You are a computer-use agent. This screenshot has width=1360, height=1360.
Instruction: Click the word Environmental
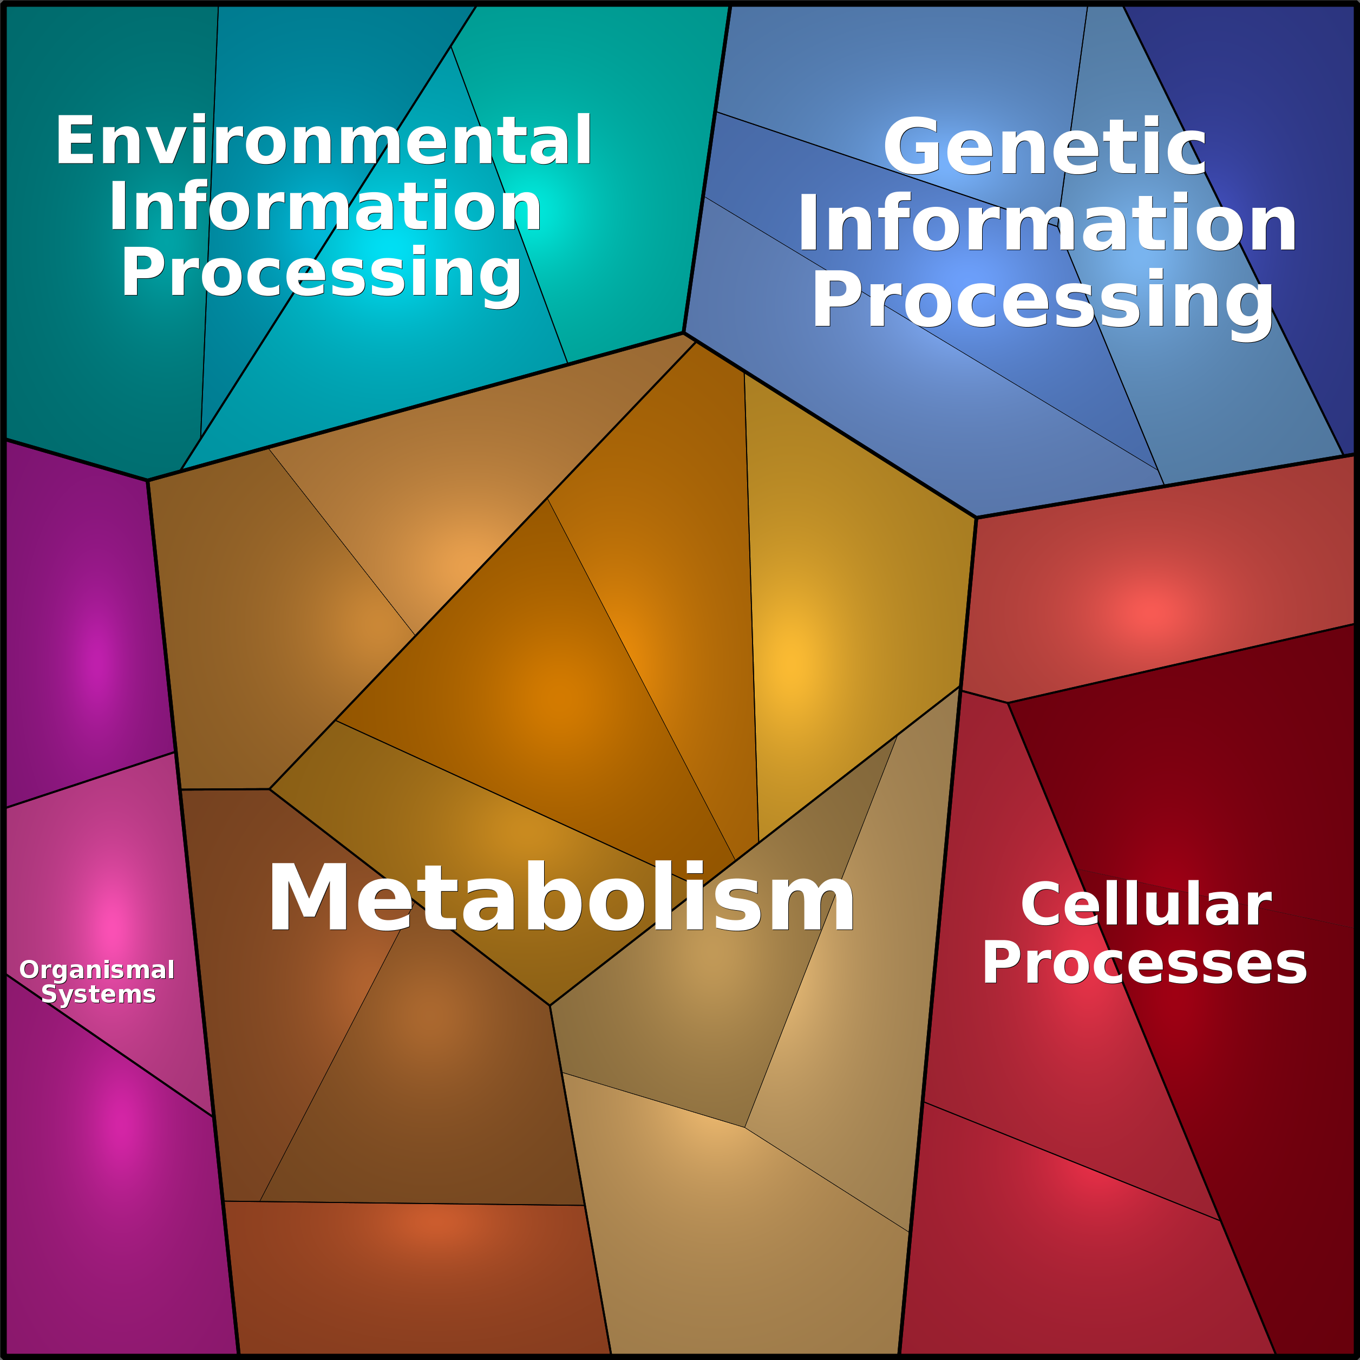click(x=324, y=140)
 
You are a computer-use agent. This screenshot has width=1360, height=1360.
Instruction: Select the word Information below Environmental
click(x=324, y=206)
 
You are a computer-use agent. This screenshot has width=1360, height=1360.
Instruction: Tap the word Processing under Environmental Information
click(x=321, y=274)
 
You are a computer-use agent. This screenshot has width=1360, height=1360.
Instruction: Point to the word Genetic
click(x=1045, y=146)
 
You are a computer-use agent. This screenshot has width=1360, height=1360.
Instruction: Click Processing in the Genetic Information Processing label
click(x=1043, y=301)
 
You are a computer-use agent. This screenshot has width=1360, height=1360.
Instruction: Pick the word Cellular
click(x=1146, y=905)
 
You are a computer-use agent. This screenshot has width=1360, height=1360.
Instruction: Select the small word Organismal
click(x=97, y=970)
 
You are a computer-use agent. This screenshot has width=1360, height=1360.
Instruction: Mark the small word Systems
click(x=99, y=994)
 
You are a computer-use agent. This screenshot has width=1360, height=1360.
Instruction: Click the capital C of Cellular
click(x=1043, y=905)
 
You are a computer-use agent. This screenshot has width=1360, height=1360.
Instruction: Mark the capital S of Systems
click(x=50, y=994)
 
